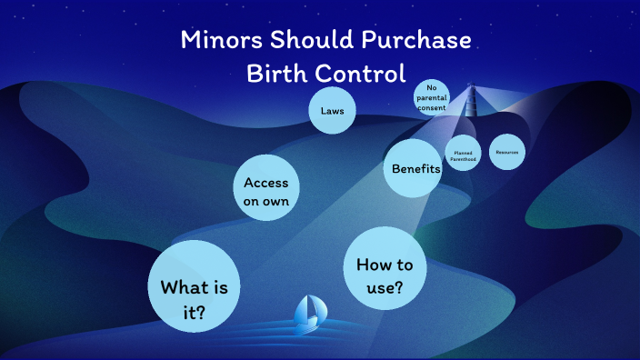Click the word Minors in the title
[219, 41]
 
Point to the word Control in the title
[362, 74]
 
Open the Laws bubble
[331, 111]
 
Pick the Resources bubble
[507, 152]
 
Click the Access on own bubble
[266, 191]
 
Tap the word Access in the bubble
[266, 183]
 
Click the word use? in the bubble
[385, 288]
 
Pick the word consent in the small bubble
[432, 108]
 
